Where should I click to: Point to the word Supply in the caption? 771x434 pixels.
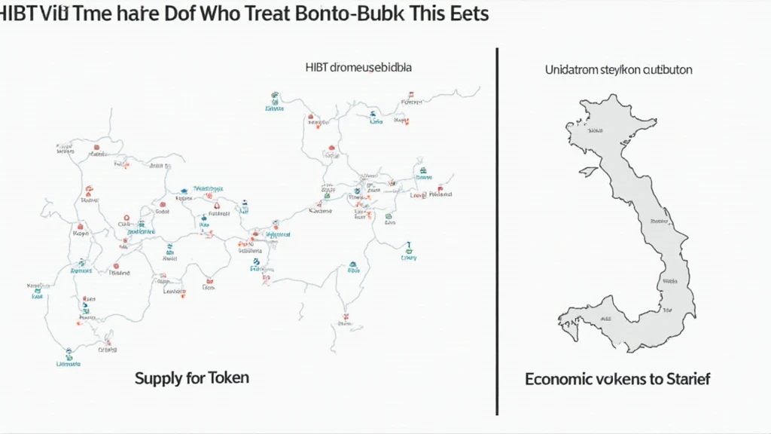pyautogui.click(x=158, y=378)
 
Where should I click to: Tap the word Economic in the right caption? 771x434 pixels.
pyautogui.click(x=560, y=379)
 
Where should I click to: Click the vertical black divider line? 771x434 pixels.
pyautogui.click(x=497, y=226)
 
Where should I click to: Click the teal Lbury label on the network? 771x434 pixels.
pyautogui.click(x=409, y=257)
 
